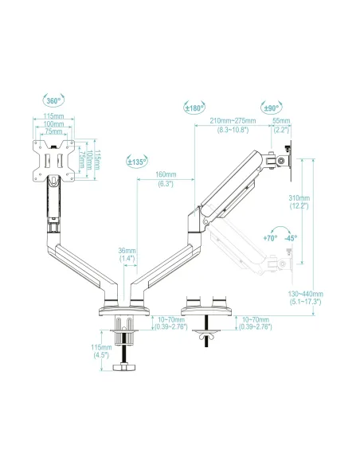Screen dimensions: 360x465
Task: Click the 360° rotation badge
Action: click(x=53, y=100)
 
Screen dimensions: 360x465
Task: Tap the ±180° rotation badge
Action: click(x=194, y=107)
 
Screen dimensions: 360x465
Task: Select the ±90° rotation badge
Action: click(x=272, y=107)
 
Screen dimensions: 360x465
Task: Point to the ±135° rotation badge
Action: click(x=137, y=162)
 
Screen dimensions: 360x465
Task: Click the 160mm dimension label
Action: click(x=166, y=174)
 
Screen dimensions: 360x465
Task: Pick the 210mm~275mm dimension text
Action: click(x=233, y=121)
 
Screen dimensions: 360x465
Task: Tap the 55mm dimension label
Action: click(x=281, y=121)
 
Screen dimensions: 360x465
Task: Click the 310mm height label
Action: click(x=299, y=197)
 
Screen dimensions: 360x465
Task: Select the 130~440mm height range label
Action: click(x=305, y=294)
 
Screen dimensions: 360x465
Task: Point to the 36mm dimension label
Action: click(x=127, y=251)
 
